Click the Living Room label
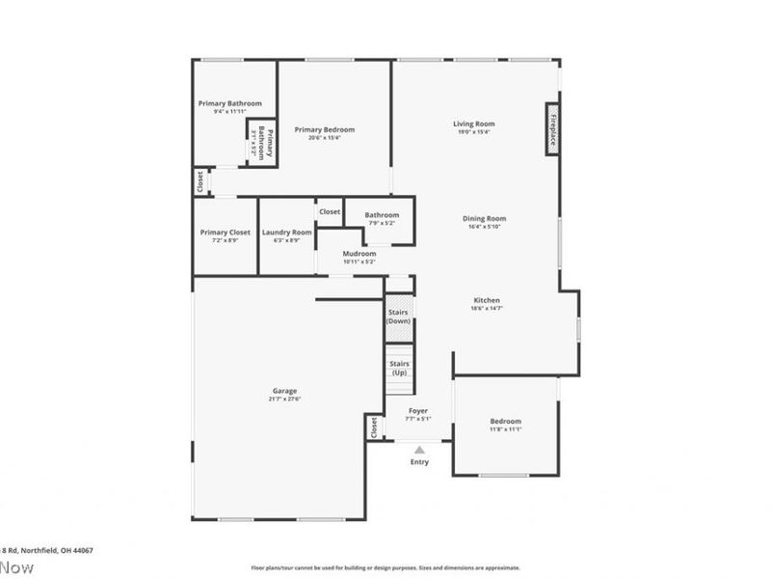tap(473, 124)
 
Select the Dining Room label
tap(484, 218)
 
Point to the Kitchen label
tap(486, 300)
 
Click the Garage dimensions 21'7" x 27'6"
tap(284, 399)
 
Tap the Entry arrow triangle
tap(419, 450)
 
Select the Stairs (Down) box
tap(399, 317)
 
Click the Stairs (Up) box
tap(399, 368)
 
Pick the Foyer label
tap(418, 411)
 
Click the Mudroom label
tap(359, 254)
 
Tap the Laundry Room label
tap(286, 233)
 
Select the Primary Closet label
tap(225, 233)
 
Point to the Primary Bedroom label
tap(325, 130)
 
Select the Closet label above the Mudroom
tap(330, 211)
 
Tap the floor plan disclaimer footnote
tap(385, 568)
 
